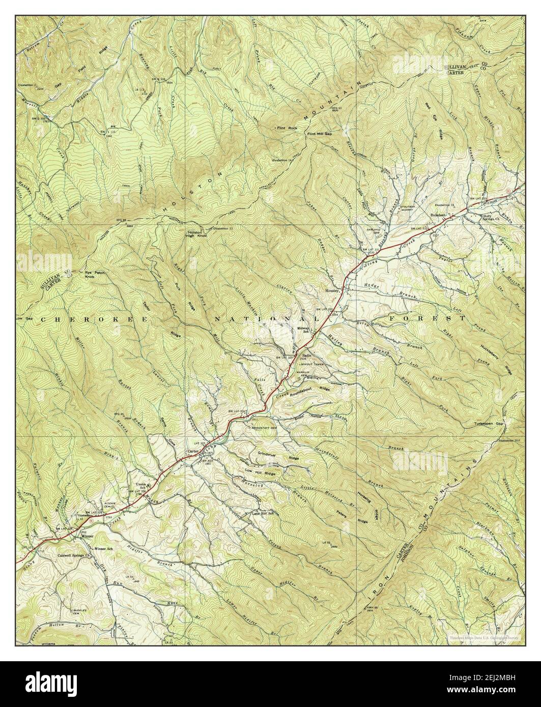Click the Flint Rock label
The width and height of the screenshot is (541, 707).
click(286, 128)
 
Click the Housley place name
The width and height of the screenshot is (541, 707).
click(332, 291)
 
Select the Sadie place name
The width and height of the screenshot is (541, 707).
click(306, 356)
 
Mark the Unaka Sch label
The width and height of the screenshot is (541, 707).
click(140, 486)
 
